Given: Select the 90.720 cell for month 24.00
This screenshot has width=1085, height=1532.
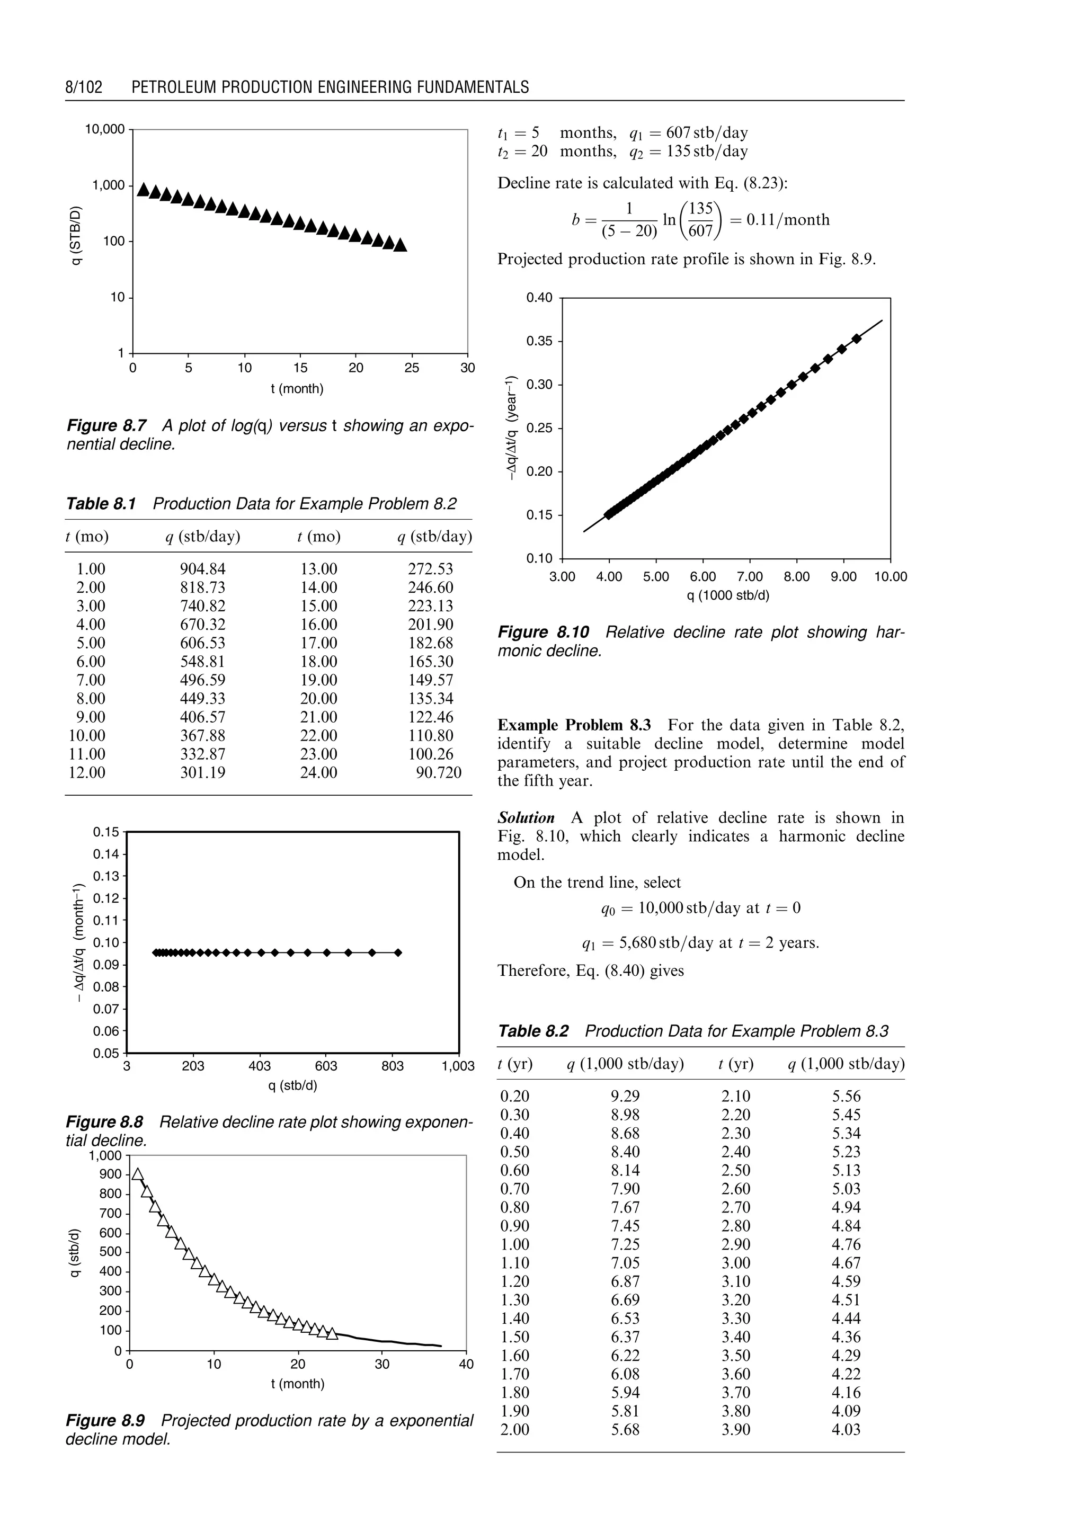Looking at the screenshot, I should click(x=438, y=772).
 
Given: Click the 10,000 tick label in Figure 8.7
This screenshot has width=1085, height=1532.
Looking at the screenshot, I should click(x=104, y=129).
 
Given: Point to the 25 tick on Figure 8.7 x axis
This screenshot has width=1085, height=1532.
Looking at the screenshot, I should click(x=412, y=368).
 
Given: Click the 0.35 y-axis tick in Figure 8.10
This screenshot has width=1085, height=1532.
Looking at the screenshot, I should click(x=539, y=341).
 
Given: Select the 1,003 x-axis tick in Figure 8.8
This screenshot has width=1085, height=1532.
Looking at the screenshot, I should click(x=458, y=1066).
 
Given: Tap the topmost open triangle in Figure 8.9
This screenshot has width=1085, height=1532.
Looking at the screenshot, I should click(x=138, y=1174).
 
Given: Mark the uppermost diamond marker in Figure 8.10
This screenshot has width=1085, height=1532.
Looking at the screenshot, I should click(x=857, y=339).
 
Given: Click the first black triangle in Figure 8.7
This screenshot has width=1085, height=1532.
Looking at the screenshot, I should click(x=143, y=190).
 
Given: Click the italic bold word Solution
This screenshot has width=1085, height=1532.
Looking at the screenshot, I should click(x=526, y=818).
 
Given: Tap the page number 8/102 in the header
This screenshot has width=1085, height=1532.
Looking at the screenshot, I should click(x=84, y=87).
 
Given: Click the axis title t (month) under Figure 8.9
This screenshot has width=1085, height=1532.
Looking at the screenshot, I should click(x=297, y=1384).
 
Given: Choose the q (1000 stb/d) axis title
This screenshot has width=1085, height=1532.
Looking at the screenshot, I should click(x=727, y=594).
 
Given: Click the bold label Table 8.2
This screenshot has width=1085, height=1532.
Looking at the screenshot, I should click(x=532, y=1031).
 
